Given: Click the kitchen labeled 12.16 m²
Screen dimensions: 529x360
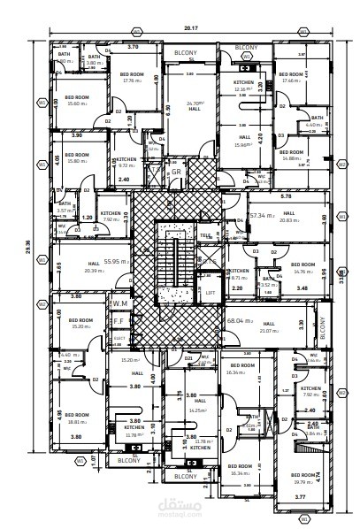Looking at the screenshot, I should point(244,86).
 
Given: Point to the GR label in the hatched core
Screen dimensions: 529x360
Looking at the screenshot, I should point(176,147).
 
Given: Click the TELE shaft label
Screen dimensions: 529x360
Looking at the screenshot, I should point(206,236).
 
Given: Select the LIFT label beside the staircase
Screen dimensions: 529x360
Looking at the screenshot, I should point(210,292).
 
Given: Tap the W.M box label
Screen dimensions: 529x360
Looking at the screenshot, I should point(119,303).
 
